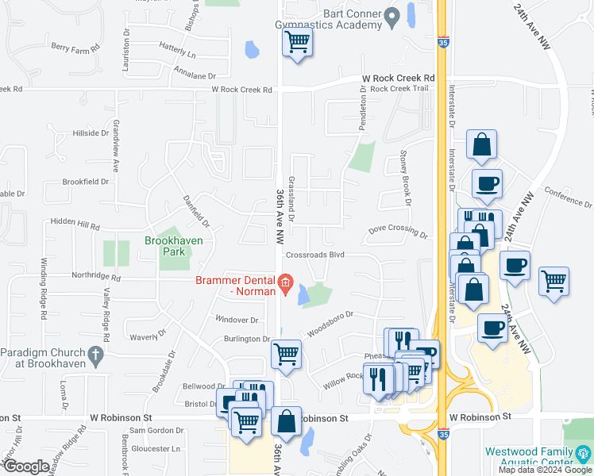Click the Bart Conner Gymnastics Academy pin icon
click(x=391, y=16)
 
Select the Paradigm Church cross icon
click(x=96, y=355)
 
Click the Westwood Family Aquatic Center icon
click(x=584, y=455)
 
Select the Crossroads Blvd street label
click(x=315, y=255)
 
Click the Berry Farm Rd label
click(x=75, y=48)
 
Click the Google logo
click(x=25, y=466)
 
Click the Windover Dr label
click(x=237, y=320)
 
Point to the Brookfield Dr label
click(x=87, y=182)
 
